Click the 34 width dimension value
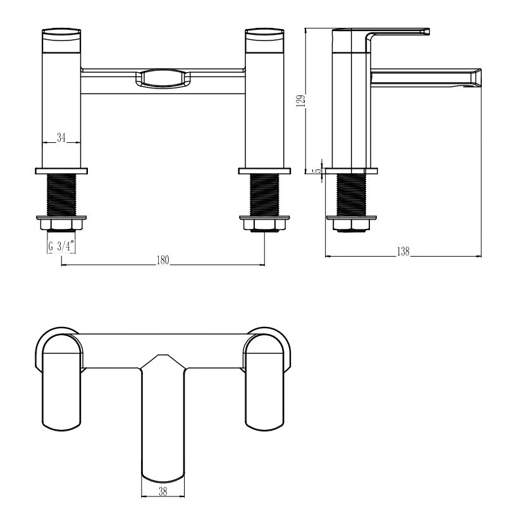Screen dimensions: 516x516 pyautogui.click(x=62, y=138)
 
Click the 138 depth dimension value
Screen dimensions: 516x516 pyautogui.click(x=403, y=252)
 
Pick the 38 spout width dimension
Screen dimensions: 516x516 pyautogui.click(x=163, y=491)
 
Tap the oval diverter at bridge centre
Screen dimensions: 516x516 pyautogui.click(x=163, y=78)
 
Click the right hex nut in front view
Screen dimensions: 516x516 pyautogui.click(x=264, y=224)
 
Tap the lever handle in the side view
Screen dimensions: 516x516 pyautogui.click(x=398, y=33)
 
